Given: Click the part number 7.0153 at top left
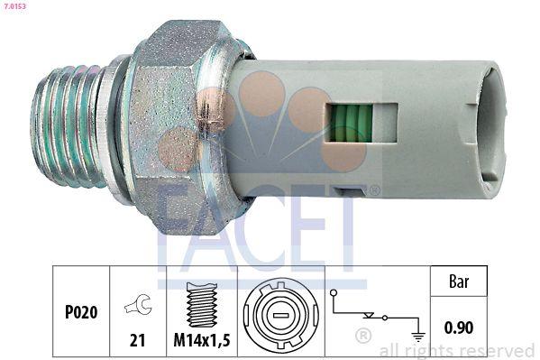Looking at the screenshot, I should pos(14,6).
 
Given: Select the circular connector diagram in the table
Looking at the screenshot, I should pos(279,317).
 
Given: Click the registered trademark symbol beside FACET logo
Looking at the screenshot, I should pos(374,190).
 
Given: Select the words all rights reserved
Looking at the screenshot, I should pos(456,350).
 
